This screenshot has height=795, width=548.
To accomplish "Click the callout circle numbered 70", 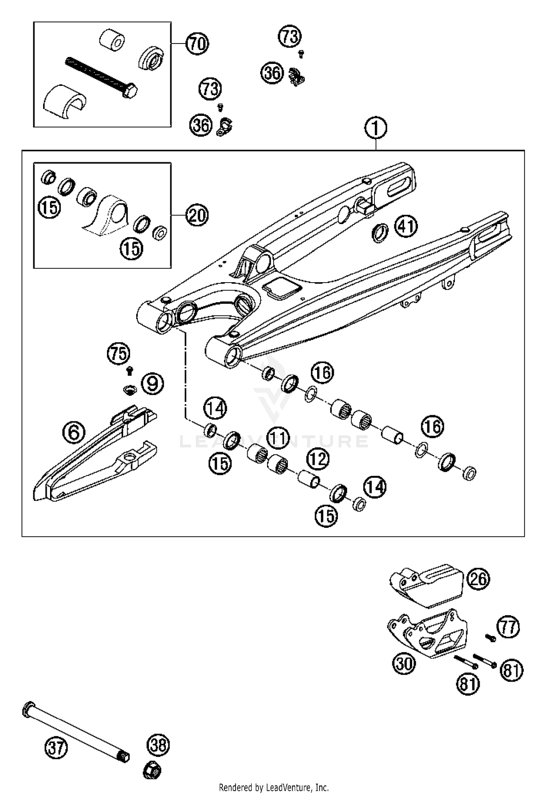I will tap(197, 44).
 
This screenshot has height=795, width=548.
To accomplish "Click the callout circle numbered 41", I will tap(406, 227).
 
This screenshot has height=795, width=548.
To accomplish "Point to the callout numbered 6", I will tap(73, 432).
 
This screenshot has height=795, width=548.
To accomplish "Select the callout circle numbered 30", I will tap(404, 663).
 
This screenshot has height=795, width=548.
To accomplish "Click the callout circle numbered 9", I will tap(152, 383).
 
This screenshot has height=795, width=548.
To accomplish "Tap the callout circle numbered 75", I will tap(119, 353).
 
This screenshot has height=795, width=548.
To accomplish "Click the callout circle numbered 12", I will tap(317, 459).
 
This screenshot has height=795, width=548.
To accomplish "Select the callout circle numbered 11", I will tap(278, 437).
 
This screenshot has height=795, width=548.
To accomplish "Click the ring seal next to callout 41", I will tap(380, 233).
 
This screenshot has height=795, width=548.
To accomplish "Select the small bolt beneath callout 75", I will tap(129, 371).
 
